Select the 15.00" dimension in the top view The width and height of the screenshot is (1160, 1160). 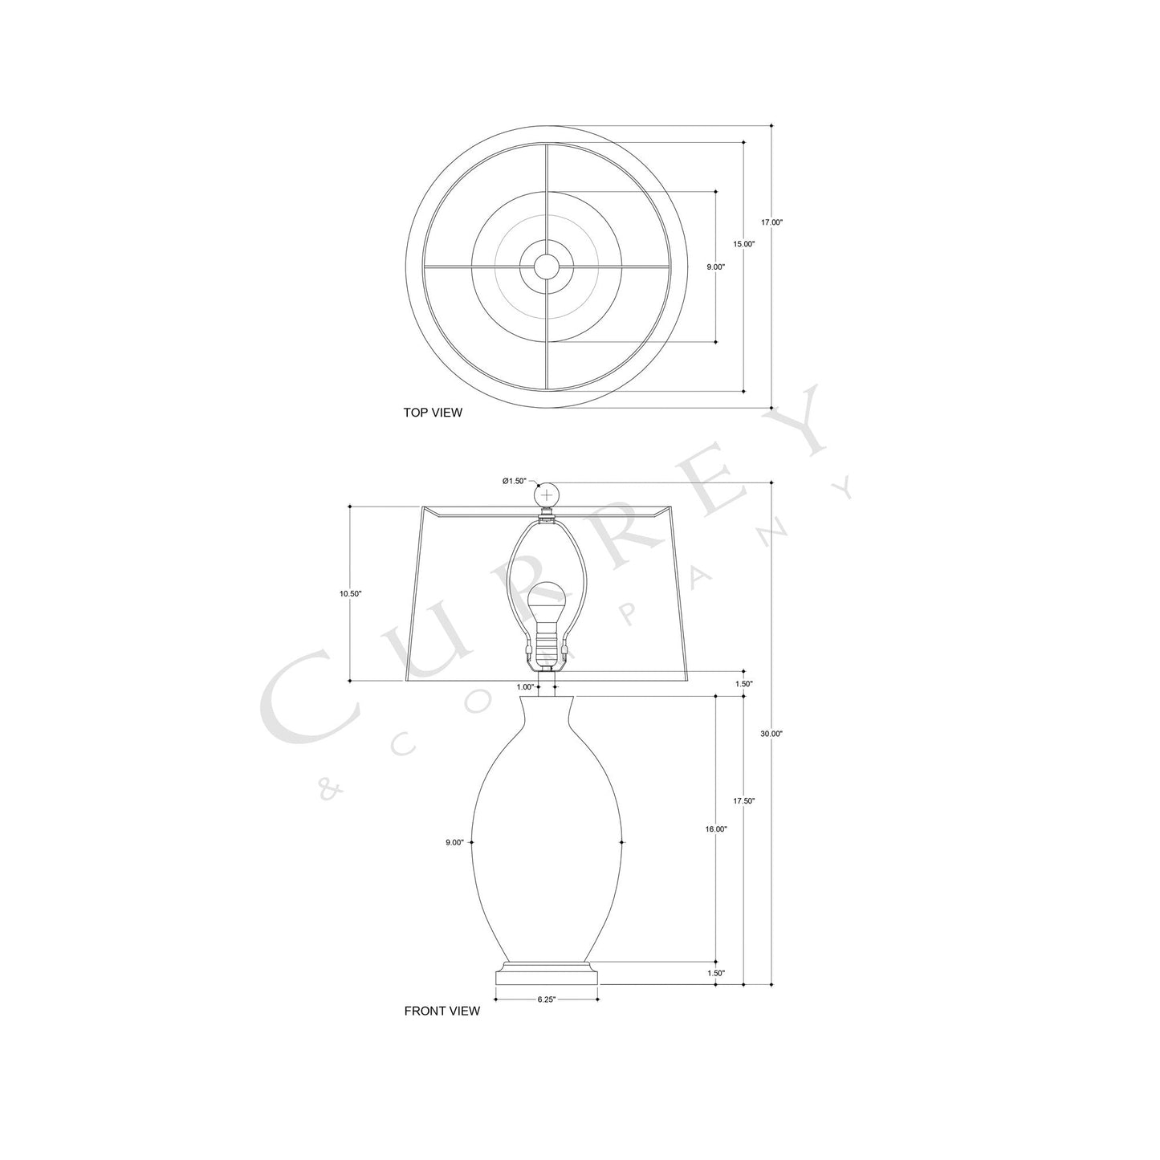click(x=743, y=243)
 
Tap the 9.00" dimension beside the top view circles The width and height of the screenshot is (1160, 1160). click(x=715, y=267)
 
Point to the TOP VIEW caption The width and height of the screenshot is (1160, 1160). click(x=433, y=413)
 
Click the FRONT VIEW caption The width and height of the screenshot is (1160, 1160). click(x=442, y=1011)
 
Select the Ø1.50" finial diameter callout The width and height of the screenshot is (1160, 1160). click(x=514, y=481)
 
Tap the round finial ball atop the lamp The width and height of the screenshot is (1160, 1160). click(x=547, y=495)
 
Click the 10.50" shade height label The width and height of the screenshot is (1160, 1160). click(x=351, y=593)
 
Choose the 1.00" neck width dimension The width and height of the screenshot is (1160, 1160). click(x=525, y=686)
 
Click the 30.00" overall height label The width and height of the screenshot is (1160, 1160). click(x=771, y=733)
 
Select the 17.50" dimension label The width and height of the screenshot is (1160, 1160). click(x=743, y=800)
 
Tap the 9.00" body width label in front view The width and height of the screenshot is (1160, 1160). click(x=454, y=842)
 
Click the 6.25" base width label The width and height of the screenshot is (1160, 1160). click(x=546, y=999)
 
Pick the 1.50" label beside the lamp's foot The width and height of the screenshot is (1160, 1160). click(x=715, y=972)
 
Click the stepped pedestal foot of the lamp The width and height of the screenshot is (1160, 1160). click(x=547, y=971)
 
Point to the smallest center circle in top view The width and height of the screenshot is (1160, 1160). click(x=547, y=267)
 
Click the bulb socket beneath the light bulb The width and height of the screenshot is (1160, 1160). click(x=547, y=642)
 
